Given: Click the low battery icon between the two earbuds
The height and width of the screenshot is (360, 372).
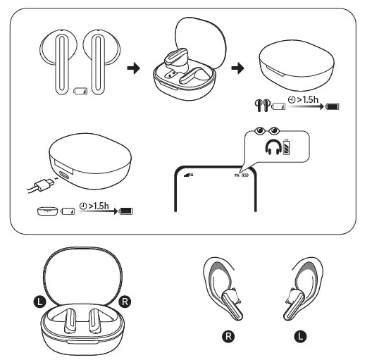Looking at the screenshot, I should click(80, 91).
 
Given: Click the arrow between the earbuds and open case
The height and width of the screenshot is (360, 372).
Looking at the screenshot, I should click(131, 69).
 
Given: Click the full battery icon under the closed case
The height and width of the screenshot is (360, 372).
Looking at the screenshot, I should click(330, 107).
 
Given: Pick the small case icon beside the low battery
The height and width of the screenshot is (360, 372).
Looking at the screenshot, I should click(48, 210).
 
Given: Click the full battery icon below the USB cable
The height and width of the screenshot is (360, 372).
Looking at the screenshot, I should click(126, 210).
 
